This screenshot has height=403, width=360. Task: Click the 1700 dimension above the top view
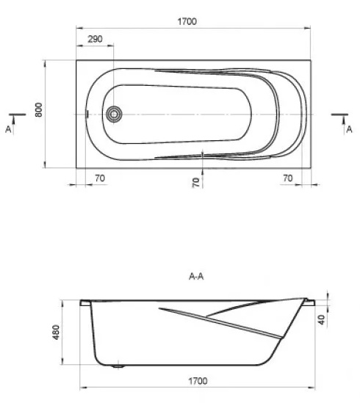click(187, 21)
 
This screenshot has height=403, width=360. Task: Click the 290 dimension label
click(95, 39)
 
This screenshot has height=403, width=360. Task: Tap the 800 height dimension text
click(39, 110)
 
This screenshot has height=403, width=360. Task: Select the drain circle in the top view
click(114, 114)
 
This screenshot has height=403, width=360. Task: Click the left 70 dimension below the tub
click(100, 178)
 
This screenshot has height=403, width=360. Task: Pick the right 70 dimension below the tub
click(288, 178)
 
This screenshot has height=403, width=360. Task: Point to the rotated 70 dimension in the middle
click(196, 183)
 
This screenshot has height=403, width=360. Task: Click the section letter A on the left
click(8, 129)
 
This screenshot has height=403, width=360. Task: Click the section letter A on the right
click(349, 129)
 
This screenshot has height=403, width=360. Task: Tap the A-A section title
click(196, 276)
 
